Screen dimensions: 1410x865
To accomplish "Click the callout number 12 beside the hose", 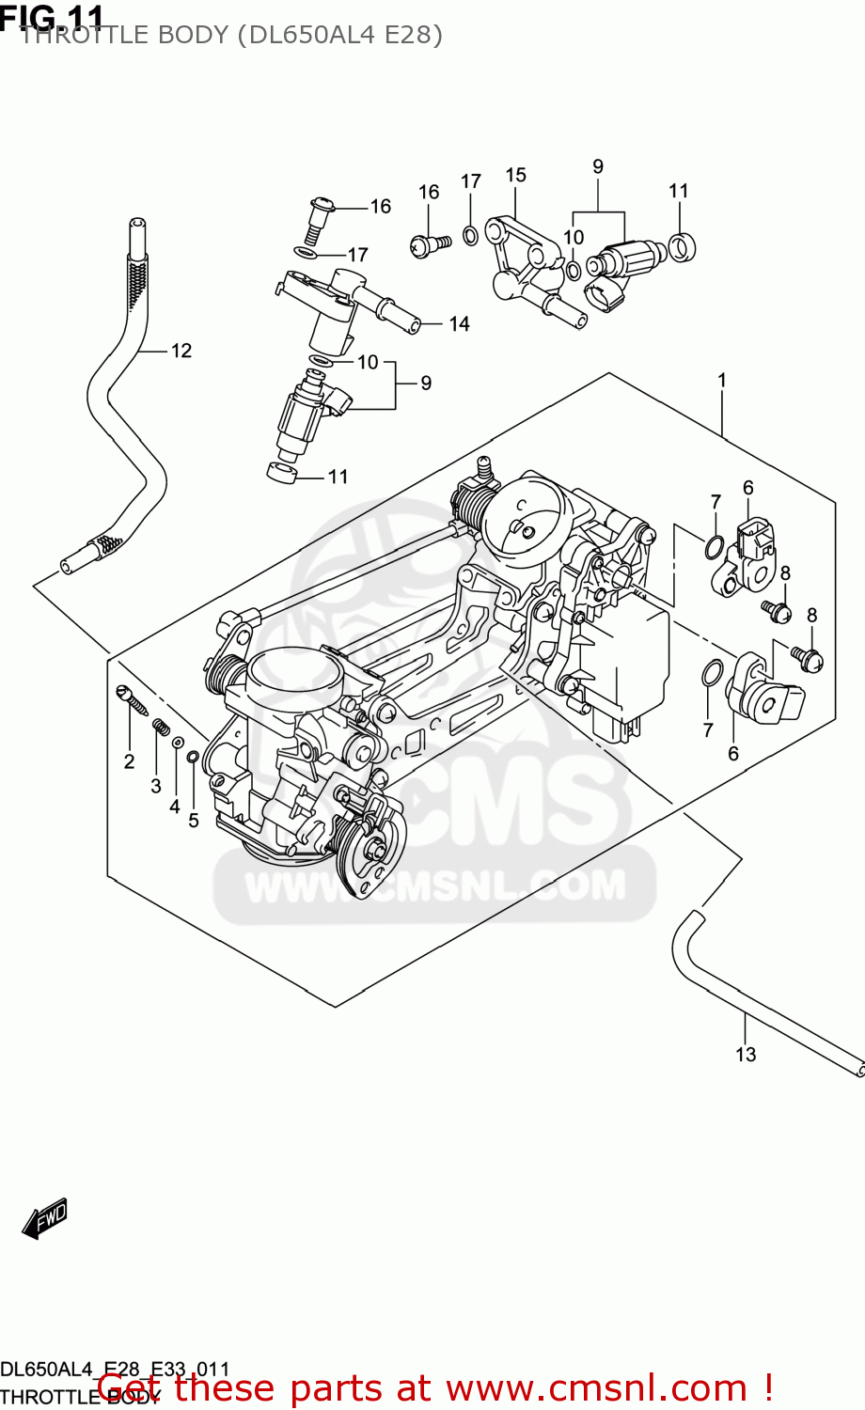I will coord(181,351).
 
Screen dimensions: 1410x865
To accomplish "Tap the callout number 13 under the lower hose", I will coord(746,1055).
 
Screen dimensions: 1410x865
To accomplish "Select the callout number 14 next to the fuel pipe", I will coord(459,324).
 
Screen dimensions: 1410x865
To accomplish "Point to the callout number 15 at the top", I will coord(515,175).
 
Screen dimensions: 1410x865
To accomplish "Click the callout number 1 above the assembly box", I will coord(722,381).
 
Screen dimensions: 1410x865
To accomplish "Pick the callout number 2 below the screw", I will coord(130,761).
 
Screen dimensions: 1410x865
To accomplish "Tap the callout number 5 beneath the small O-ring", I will coord(194,821).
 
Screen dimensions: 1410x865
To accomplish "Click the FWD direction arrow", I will coord(45,1218).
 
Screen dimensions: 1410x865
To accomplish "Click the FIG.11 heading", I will coord(52,16).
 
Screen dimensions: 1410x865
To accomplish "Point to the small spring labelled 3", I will coord(161,727).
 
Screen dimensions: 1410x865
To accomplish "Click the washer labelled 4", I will coord(176,744).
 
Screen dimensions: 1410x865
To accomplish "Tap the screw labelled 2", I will coord(131,699).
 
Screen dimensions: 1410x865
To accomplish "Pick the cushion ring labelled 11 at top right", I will coord(682,247).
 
